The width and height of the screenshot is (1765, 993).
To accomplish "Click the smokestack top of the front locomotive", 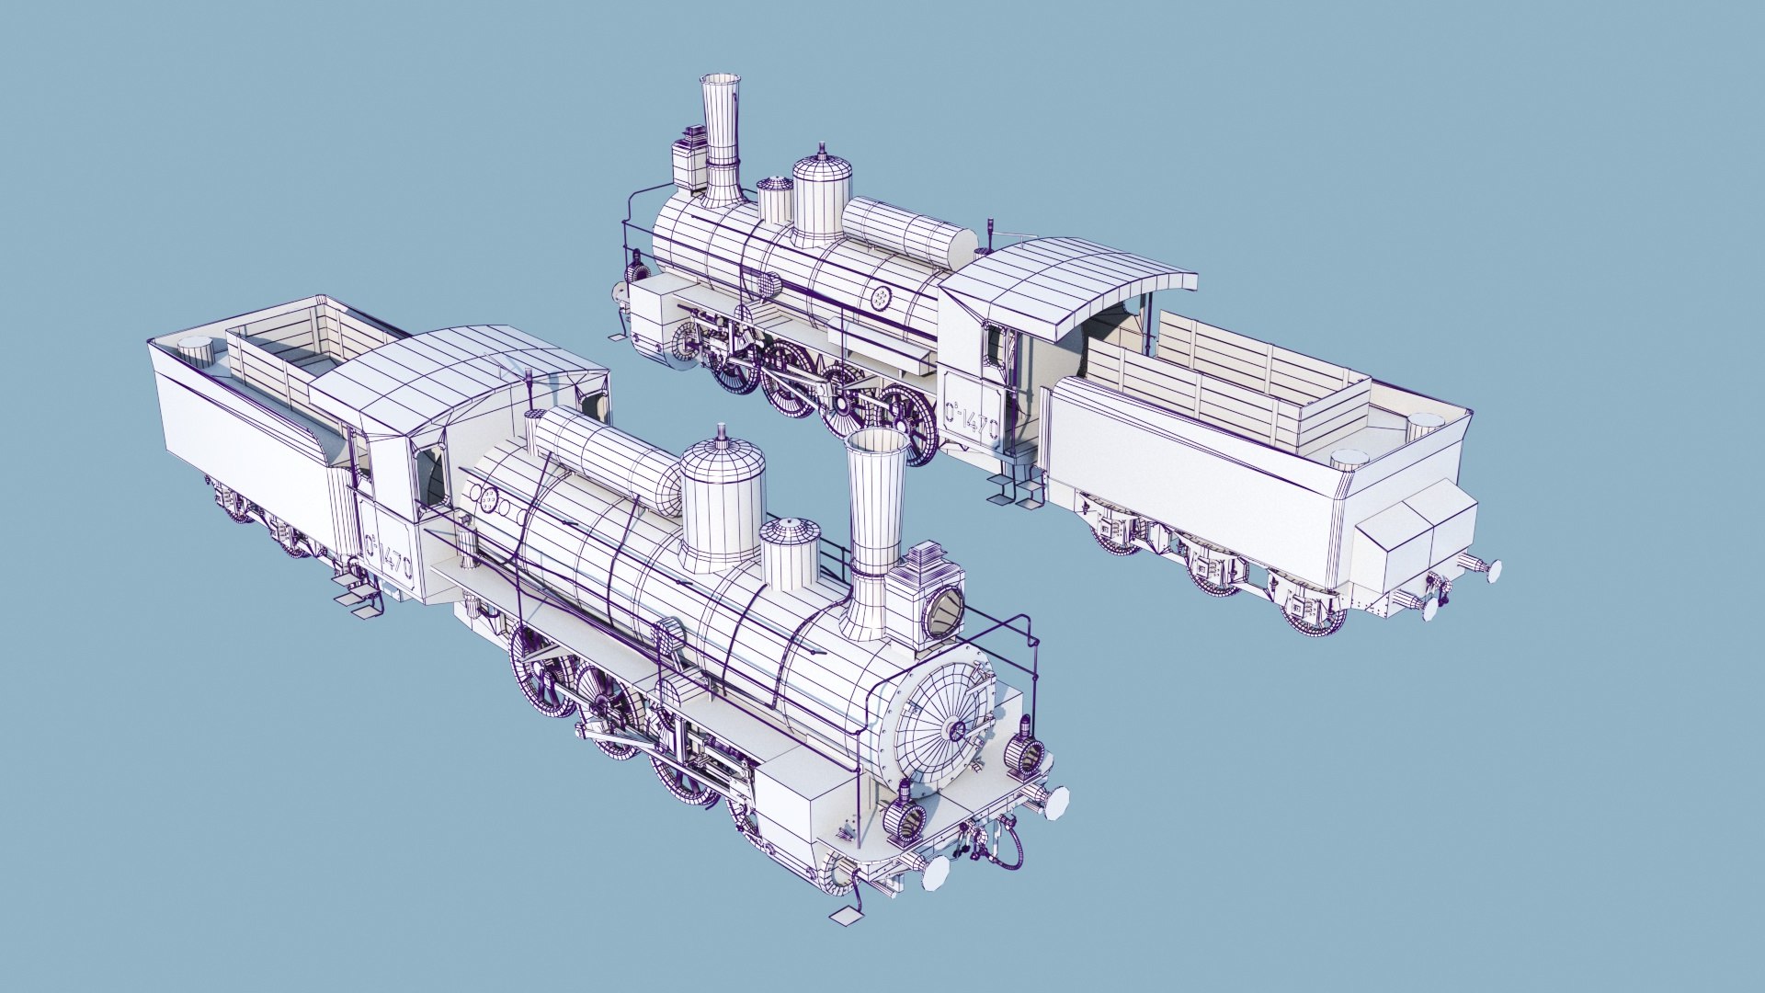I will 876,444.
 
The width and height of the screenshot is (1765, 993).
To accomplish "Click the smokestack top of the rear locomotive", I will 720,81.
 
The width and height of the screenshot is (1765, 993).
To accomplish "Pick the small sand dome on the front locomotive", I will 790,552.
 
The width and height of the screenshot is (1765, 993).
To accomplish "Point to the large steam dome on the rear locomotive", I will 821,198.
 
